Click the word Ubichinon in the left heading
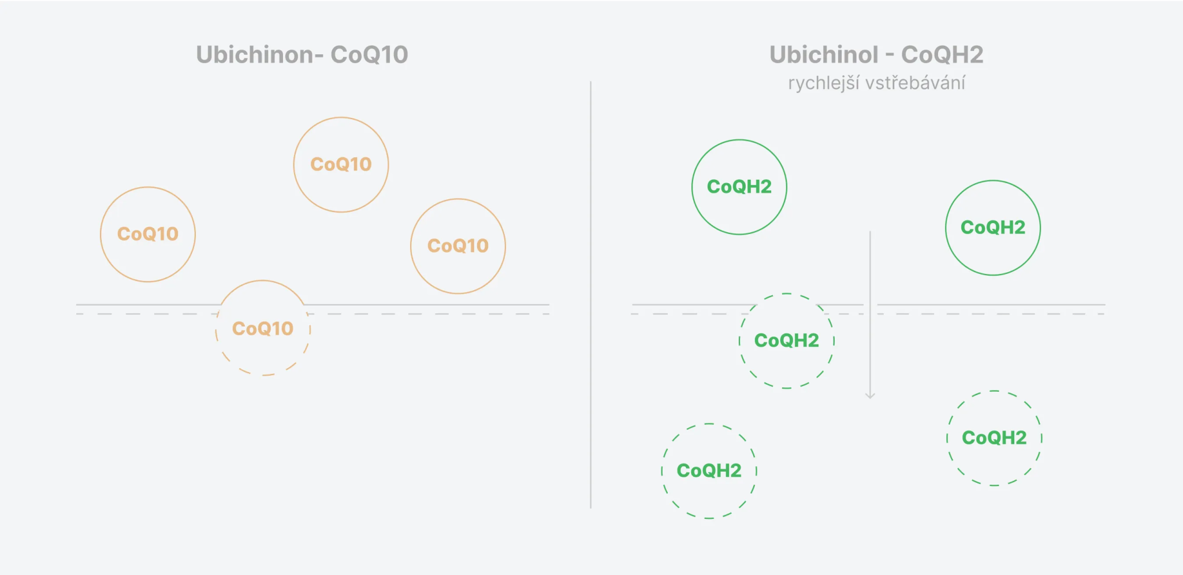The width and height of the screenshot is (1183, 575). pos(255,54)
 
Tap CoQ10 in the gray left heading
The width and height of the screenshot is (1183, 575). pos(369,54)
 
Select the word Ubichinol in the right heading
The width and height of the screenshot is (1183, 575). pos(824,54)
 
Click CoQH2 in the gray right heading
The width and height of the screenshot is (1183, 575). pos(942,54)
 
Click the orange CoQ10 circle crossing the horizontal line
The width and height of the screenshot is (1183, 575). pos(263,281)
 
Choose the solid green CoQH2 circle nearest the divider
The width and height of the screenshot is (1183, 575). pos(739,140)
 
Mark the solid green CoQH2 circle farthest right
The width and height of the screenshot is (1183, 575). pos(993,181)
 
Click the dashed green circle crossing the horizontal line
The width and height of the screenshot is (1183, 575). pos(787,294)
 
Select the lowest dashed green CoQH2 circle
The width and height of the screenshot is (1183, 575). pos(709,424)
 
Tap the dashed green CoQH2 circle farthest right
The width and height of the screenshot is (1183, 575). pos(994,391)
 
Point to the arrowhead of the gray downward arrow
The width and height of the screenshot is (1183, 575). pos(870,397)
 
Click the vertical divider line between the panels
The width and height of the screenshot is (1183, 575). pos(590,295)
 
